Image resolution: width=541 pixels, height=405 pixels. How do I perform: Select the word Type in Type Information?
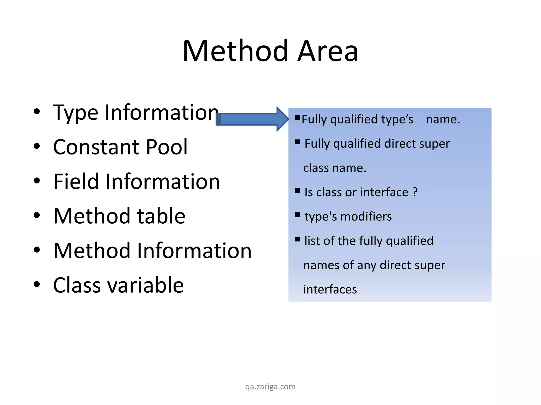tap(75, 113)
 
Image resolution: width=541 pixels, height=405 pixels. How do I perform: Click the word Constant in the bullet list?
tap(95, 147)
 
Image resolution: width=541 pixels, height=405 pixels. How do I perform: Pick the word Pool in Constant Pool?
tap(167, 147)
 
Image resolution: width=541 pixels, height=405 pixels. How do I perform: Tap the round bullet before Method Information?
tap(37, 250)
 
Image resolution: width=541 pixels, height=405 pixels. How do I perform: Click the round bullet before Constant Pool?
tap(37, 146)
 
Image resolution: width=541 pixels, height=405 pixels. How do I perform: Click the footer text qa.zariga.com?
tap(270, 387)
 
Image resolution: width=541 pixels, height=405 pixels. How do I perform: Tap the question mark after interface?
tap(415, 192)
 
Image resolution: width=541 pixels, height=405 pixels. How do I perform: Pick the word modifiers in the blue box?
tap(366, 216)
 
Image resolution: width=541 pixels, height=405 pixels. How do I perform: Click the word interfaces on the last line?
tap(330, 289)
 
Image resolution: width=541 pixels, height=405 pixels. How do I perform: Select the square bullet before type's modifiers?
tap(298, 215)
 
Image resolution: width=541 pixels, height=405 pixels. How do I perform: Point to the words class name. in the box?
tap(335, 168)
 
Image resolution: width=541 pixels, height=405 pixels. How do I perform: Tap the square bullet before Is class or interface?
tap(298, 191)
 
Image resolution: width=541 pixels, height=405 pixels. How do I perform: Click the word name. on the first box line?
tap(443, 119)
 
